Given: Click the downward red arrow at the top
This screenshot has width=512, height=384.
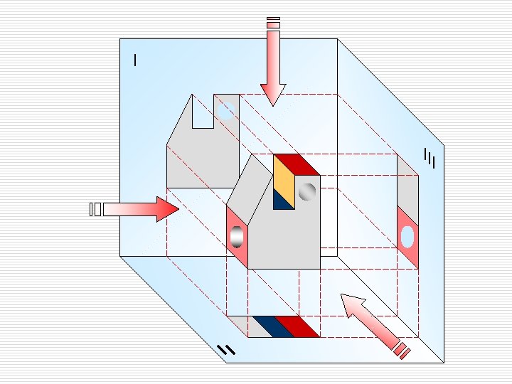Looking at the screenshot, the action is [272, 71].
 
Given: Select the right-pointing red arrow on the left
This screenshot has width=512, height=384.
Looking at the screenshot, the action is [142, 209].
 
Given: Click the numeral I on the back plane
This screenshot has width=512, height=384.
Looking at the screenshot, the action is [135, 60].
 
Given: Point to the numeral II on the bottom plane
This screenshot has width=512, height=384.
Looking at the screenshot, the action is [225, 349].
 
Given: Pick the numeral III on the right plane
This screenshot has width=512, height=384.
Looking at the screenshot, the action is [429, 159].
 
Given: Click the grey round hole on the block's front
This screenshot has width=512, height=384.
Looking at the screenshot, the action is [307, 191].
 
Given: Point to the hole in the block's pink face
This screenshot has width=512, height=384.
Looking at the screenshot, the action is [237, 238].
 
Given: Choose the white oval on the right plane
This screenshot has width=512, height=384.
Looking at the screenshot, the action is [407, 236].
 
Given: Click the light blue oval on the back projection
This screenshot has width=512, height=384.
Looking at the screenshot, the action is [227, 110].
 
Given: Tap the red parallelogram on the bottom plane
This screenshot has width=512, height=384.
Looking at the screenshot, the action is [297, 326].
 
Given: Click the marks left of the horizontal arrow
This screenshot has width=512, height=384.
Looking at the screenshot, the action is [95, 209].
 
